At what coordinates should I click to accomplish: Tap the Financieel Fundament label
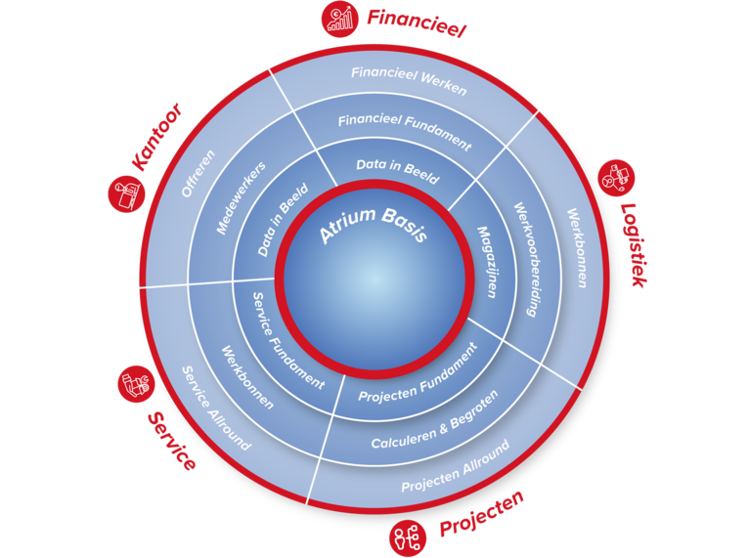(405, 132)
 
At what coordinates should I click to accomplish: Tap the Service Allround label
(216, 408)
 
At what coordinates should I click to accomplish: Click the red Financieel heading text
(417, 21)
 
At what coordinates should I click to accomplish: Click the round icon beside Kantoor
(125, 193)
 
